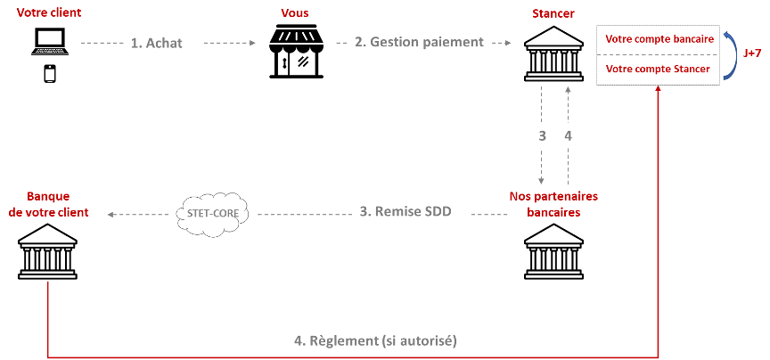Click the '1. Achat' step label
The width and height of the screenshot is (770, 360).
tap(162, 42)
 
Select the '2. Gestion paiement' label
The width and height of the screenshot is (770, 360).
tap(419, 41)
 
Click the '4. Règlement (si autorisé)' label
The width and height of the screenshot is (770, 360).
tap(384, 340)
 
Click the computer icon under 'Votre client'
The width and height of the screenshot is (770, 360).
tap(48, 44)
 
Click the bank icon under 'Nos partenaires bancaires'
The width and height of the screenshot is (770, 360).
tap(553, 251)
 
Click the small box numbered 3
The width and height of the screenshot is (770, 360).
tap(542, 136)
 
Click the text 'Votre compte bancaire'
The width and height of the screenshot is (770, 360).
tap(659, 39)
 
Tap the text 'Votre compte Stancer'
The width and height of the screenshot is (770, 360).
tap(659, 70)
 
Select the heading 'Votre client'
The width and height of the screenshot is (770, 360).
tap(48, 12)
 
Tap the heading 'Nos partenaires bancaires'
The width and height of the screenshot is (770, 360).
tap(553, 203)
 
